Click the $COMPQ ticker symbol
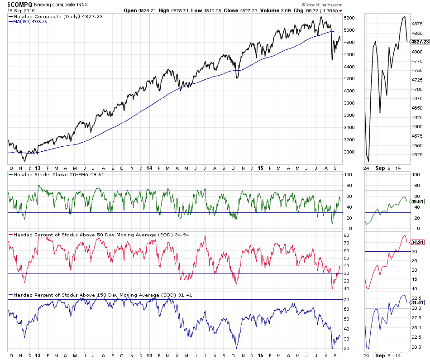19,4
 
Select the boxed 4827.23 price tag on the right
419,42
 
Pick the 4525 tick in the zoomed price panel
416,155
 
